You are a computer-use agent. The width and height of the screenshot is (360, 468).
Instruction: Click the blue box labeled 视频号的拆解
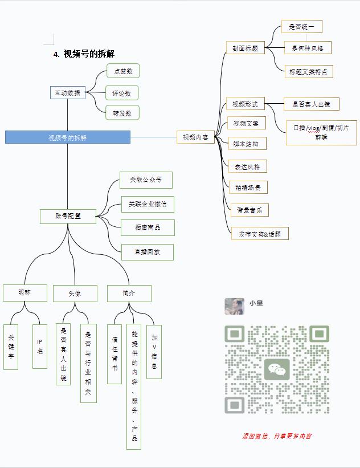coord(68,137)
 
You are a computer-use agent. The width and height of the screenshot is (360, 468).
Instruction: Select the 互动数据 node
coord(67,93)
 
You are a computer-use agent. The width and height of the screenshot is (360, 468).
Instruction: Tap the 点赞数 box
coord(123,71)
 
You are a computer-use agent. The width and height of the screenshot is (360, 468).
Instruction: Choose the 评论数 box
coord(122,93)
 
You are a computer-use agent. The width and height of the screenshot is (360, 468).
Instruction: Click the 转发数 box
coord(122,113)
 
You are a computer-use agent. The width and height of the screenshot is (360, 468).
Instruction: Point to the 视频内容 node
coord(195,137)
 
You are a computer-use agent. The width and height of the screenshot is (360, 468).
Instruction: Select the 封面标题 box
coord(245,48)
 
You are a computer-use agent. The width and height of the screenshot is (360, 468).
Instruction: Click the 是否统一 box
coord(301,27)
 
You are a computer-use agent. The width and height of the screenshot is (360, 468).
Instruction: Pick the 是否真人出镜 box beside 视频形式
coord(312,104)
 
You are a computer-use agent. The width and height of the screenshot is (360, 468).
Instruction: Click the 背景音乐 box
coord(249,210)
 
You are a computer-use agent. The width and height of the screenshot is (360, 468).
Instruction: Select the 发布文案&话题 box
coord(260,233)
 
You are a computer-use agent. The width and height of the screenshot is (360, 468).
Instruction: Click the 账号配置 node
coord(68,216)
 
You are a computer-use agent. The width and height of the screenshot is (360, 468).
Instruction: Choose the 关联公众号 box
coord(146,180)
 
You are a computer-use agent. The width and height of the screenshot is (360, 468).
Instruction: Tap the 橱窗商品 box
coord(148,227)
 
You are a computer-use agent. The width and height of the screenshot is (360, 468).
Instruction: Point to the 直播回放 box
coord(147,251)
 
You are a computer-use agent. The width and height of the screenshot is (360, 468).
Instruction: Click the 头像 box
coord(75,294)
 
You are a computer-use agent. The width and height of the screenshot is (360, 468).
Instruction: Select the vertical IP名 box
coord(40,347)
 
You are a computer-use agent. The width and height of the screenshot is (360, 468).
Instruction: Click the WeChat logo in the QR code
coord(277,369)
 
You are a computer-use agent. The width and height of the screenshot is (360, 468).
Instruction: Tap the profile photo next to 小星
coord(234,306)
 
